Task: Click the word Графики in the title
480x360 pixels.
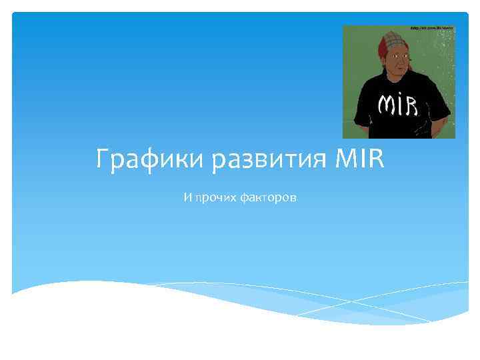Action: [141, 161]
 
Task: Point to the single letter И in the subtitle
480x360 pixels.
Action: [187, 199]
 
